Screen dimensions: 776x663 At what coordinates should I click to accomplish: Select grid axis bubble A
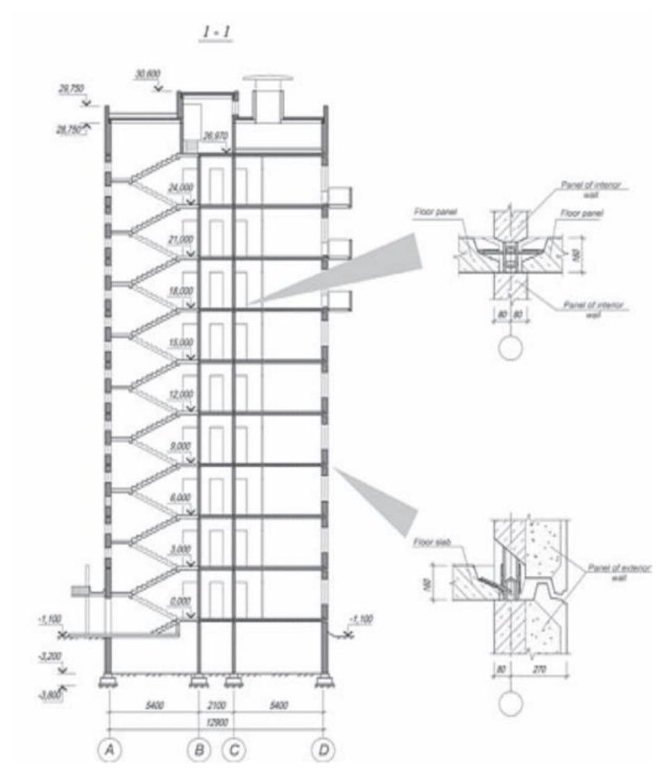click(109, 749)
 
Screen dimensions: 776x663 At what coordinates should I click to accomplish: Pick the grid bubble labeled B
click(199, 749)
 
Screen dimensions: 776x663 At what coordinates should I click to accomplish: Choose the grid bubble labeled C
click(234, 749)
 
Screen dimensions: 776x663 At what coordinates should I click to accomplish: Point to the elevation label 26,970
click(216, 138)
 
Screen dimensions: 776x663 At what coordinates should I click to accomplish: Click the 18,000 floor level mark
click(181, 291)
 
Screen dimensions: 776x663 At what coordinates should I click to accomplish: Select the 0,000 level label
click(181, 601)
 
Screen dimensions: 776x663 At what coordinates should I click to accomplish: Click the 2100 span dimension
click(216, 706)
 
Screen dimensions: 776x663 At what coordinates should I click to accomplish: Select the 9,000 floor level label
click(181, 446)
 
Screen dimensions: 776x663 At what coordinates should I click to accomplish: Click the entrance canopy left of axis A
click(83, 590)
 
